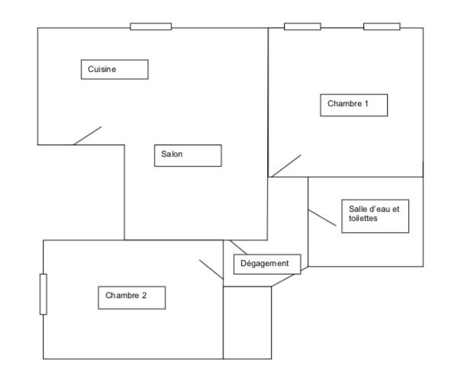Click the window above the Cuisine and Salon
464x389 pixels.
(150, 27)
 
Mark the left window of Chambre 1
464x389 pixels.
(302, 27)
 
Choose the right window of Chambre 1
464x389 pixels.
(382, 27)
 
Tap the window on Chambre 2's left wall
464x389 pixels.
(43, 293)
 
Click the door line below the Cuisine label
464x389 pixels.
(88, 135)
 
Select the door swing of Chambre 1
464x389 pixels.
(285, 166)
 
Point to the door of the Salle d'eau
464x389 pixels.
(322, 218)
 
